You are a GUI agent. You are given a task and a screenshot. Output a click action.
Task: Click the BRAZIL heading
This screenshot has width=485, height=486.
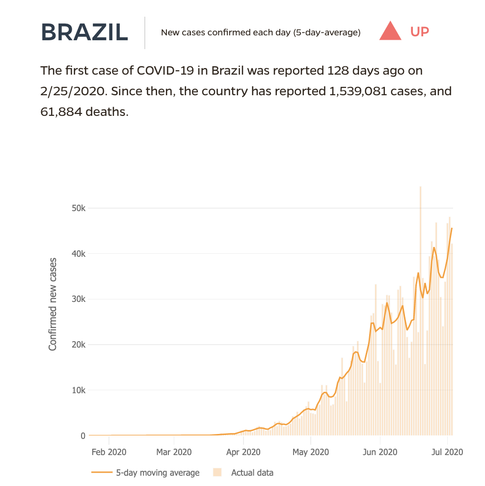pyautogui.click(x=84, y=32)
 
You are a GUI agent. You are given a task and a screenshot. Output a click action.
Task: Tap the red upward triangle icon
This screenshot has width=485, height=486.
pyautogui.click(x=391, y=31)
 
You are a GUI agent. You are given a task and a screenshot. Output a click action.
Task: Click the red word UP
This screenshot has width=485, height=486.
pyautogui.click(x=420, y=32)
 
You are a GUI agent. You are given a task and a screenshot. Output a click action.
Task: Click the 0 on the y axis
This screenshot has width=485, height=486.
pyautogui.click(x=83, y=436)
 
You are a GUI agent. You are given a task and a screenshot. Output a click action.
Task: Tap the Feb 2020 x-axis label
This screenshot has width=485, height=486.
pyautogui.click(x=109, y=451)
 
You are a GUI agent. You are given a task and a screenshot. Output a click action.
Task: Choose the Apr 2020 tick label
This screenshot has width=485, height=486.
pyautogui.click(x=244, y=451)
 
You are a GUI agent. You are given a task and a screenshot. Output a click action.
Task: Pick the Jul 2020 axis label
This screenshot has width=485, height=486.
pyautogui.click(x=447, y=451)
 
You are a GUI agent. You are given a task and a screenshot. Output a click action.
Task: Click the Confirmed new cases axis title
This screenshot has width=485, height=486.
pyautogui.click(x=53, y=304)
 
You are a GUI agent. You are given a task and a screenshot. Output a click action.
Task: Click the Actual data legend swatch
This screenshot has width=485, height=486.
pyautogui.click(x=217, y=473)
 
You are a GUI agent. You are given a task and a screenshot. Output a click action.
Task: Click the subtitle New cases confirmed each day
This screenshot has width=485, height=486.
pyautogui.click(x=261, y=33)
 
